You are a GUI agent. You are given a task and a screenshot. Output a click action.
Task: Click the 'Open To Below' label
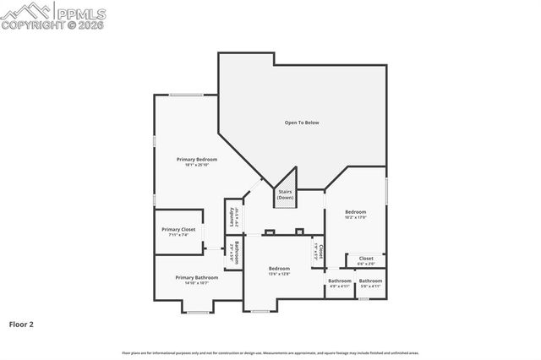301,123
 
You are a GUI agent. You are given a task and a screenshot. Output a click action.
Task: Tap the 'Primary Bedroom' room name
196,159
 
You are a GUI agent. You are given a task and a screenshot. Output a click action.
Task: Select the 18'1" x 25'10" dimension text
196,165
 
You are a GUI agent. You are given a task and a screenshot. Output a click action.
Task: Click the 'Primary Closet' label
178,229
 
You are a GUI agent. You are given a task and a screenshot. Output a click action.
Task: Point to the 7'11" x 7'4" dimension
178,235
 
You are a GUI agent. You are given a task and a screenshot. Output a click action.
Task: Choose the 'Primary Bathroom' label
196,277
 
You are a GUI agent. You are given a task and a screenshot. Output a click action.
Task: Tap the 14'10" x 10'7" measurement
196,283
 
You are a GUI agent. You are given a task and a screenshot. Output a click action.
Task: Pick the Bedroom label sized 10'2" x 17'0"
355,211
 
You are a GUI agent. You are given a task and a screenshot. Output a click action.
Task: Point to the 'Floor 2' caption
21,324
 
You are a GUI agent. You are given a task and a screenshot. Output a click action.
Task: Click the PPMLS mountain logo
25,11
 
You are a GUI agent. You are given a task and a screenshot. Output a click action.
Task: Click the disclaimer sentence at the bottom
270,352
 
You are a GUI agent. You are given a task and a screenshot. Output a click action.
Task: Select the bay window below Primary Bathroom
197,312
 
